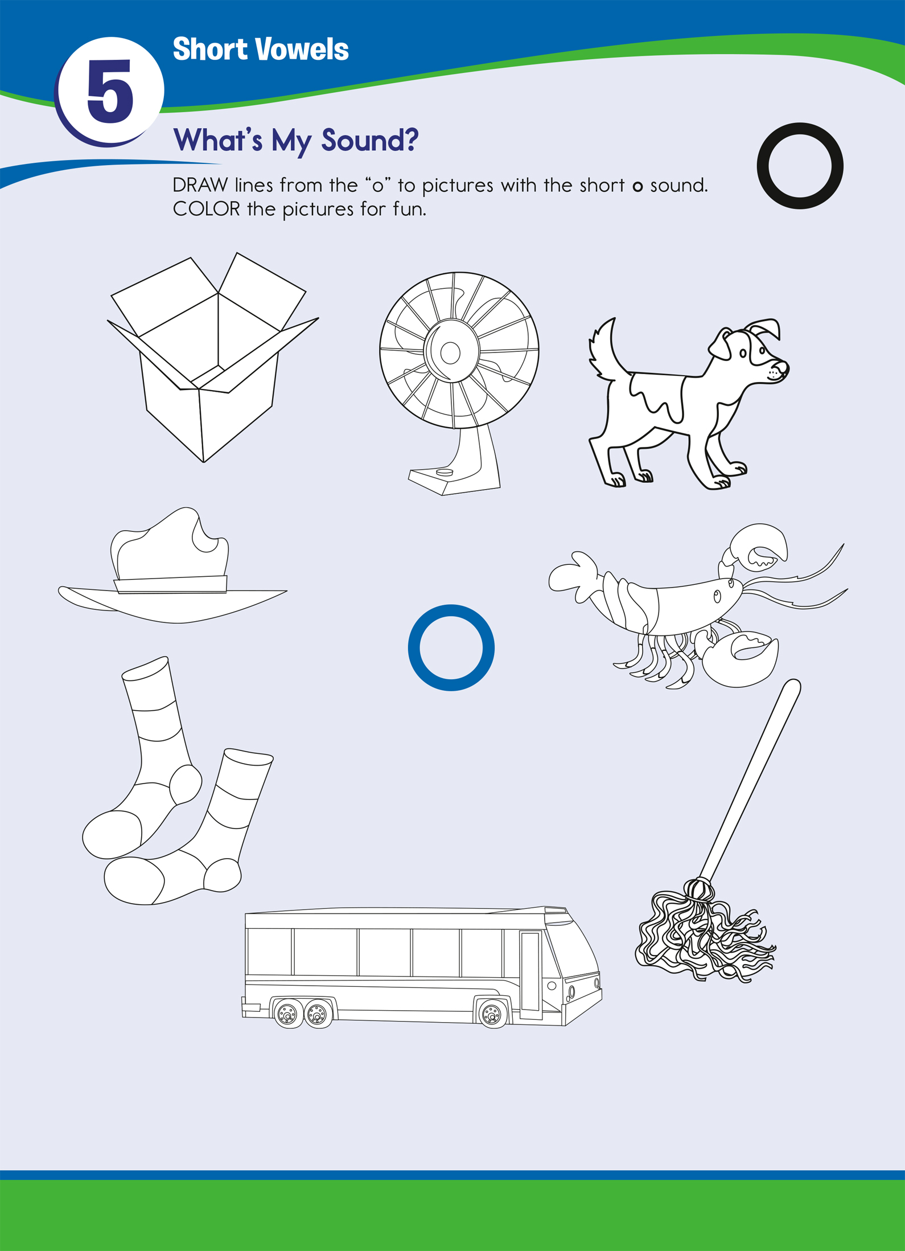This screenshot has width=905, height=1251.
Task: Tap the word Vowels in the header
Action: coord(302,50)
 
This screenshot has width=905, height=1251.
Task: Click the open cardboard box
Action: coord(213,357)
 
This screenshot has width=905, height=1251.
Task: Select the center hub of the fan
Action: coord(450,353)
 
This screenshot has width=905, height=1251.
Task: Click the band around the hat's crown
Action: coord(171,584)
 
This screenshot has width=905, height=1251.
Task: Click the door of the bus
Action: coord(530,975)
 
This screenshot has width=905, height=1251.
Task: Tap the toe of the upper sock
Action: coord(112,835)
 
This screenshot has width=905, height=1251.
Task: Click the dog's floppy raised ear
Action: coord(764,329)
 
